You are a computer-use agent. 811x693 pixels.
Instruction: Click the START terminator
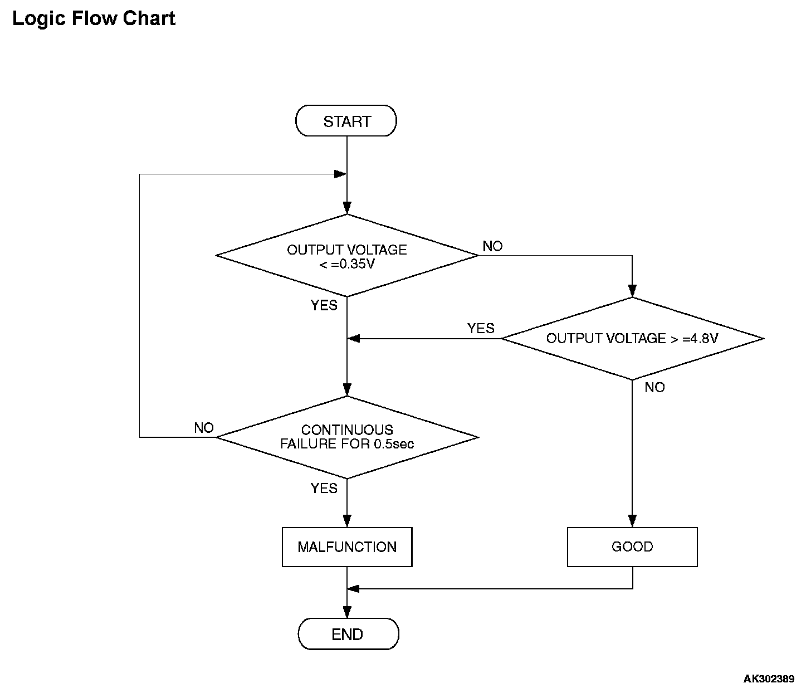click(346, 121)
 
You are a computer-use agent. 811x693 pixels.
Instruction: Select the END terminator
click(349, 635)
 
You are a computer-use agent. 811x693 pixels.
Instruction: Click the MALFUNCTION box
click(347, 547)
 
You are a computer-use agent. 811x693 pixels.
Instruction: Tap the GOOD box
click(632, 547)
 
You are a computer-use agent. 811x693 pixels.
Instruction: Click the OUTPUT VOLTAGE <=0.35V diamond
click(347, 256)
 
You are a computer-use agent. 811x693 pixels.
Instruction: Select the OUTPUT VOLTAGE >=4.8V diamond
click(632, 339)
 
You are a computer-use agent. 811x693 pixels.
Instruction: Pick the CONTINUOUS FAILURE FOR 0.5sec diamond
click(347, 437)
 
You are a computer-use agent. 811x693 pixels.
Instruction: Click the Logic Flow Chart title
click(94, 18)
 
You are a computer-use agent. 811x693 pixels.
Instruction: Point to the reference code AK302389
click(769, 679)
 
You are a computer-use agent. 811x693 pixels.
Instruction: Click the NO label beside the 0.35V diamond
click(492, 246)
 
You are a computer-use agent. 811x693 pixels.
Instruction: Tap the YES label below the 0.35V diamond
click(324, 305)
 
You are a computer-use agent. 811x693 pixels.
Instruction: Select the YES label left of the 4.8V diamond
click(481, 329)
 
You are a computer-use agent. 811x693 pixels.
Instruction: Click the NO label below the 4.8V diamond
click(654, 388)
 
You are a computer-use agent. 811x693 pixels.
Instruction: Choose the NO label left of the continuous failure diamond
click(204, 428)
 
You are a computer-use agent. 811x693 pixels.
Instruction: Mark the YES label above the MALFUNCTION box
click(324, 488)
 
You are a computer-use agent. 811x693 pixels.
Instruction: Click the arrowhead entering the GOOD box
click(632, 521)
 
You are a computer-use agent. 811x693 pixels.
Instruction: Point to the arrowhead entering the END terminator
click(347, 612)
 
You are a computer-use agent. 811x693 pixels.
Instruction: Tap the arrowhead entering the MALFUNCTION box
click(347, 521)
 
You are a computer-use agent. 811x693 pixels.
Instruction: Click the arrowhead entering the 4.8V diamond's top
click(632, 291)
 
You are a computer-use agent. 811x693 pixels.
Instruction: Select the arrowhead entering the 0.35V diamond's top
click(347, 208)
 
